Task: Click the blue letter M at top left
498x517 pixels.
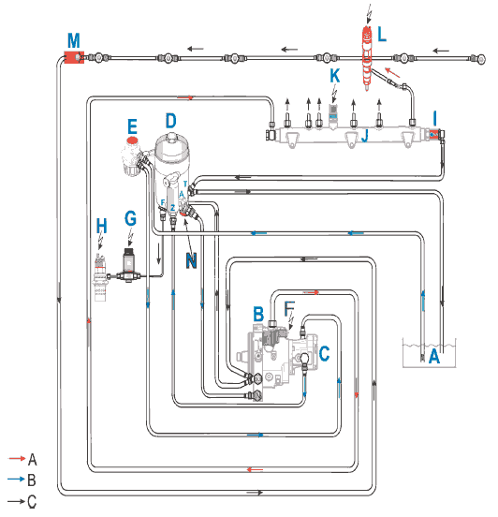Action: tap(74, 41)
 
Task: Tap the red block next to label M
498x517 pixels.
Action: tap(74, 57)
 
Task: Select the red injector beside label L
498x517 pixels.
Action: tap(368, 58)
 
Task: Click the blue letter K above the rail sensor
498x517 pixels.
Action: tap(335, 76)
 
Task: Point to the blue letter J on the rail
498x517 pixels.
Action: tap(364, 135)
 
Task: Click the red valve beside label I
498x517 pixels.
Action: tap(434, 134)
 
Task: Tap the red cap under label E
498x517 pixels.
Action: tap(132, 140)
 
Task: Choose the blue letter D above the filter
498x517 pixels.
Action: tap(171, 121)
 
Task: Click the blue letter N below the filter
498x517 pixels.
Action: tap(191, 260)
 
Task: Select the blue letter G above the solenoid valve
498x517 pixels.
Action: tap(131, 218)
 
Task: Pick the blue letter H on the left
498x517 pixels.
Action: tap(101, 227)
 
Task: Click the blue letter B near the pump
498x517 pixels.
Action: tap(258, 314)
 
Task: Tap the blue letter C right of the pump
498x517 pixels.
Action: tap(324, 353)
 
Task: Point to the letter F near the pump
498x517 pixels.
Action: tap(289, 309)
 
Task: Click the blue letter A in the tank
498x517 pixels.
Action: tap(434, 357)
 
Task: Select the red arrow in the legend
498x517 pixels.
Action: tap(17, 458)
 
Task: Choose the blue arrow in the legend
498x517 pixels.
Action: tap(17, 479)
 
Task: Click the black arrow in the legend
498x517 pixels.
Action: tap(17, 501)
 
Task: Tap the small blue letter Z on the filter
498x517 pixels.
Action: tap(172, 208)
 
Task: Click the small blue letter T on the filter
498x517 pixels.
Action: tap(185, 184)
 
